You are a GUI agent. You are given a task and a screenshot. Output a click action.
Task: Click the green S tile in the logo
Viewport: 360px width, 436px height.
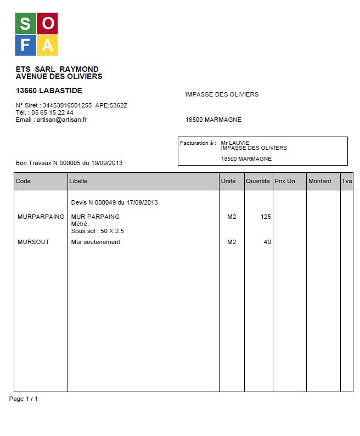click(25, 24)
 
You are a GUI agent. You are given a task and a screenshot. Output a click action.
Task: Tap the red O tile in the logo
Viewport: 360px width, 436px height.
click(47, 24)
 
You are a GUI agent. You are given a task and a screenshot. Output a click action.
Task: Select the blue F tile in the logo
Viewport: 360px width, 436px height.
click(25, 45)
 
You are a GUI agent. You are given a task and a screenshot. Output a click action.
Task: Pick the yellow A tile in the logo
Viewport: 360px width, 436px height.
click(47, 45)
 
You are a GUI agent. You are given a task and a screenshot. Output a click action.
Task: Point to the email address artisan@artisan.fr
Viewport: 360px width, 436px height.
click(61, 120)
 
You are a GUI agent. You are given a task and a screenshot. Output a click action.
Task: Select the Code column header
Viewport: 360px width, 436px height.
click(24, 181)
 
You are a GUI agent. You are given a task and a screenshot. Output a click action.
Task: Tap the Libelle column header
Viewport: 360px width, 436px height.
click(78, 181)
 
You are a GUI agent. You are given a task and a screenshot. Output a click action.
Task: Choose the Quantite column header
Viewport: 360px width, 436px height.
click(258, 181)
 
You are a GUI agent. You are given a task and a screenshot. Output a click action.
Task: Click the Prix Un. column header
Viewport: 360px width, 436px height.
click(286, 181)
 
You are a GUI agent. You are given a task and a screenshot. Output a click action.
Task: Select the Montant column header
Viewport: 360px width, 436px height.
click(320, 181)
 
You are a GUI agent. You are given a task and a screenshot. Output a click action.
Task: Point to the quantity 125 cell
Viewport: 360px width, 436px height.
click(266, 217)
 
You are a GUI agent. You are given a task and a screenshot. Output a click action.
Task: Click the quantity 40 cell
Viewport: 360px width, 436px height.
click(267, 242)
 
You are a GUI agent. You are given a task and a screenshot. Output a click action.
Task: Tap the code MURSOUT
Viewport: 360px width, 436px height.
click(33, 242)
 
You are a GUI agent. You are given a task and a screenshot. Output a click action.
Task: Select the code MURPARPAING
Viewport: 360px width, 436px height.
click(41, 217)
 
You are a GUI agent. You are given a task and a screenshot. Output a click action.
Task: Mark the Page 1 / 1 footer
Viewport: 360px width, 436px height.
click(24, 399)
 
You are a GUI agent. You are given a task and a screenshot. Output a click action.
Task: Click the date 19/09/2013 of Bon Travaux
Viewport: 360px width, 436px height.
click(107, 163)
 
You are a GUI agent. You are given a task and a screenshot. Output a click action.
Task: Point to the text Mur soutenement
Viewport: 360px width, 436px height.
click(95, 242)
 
